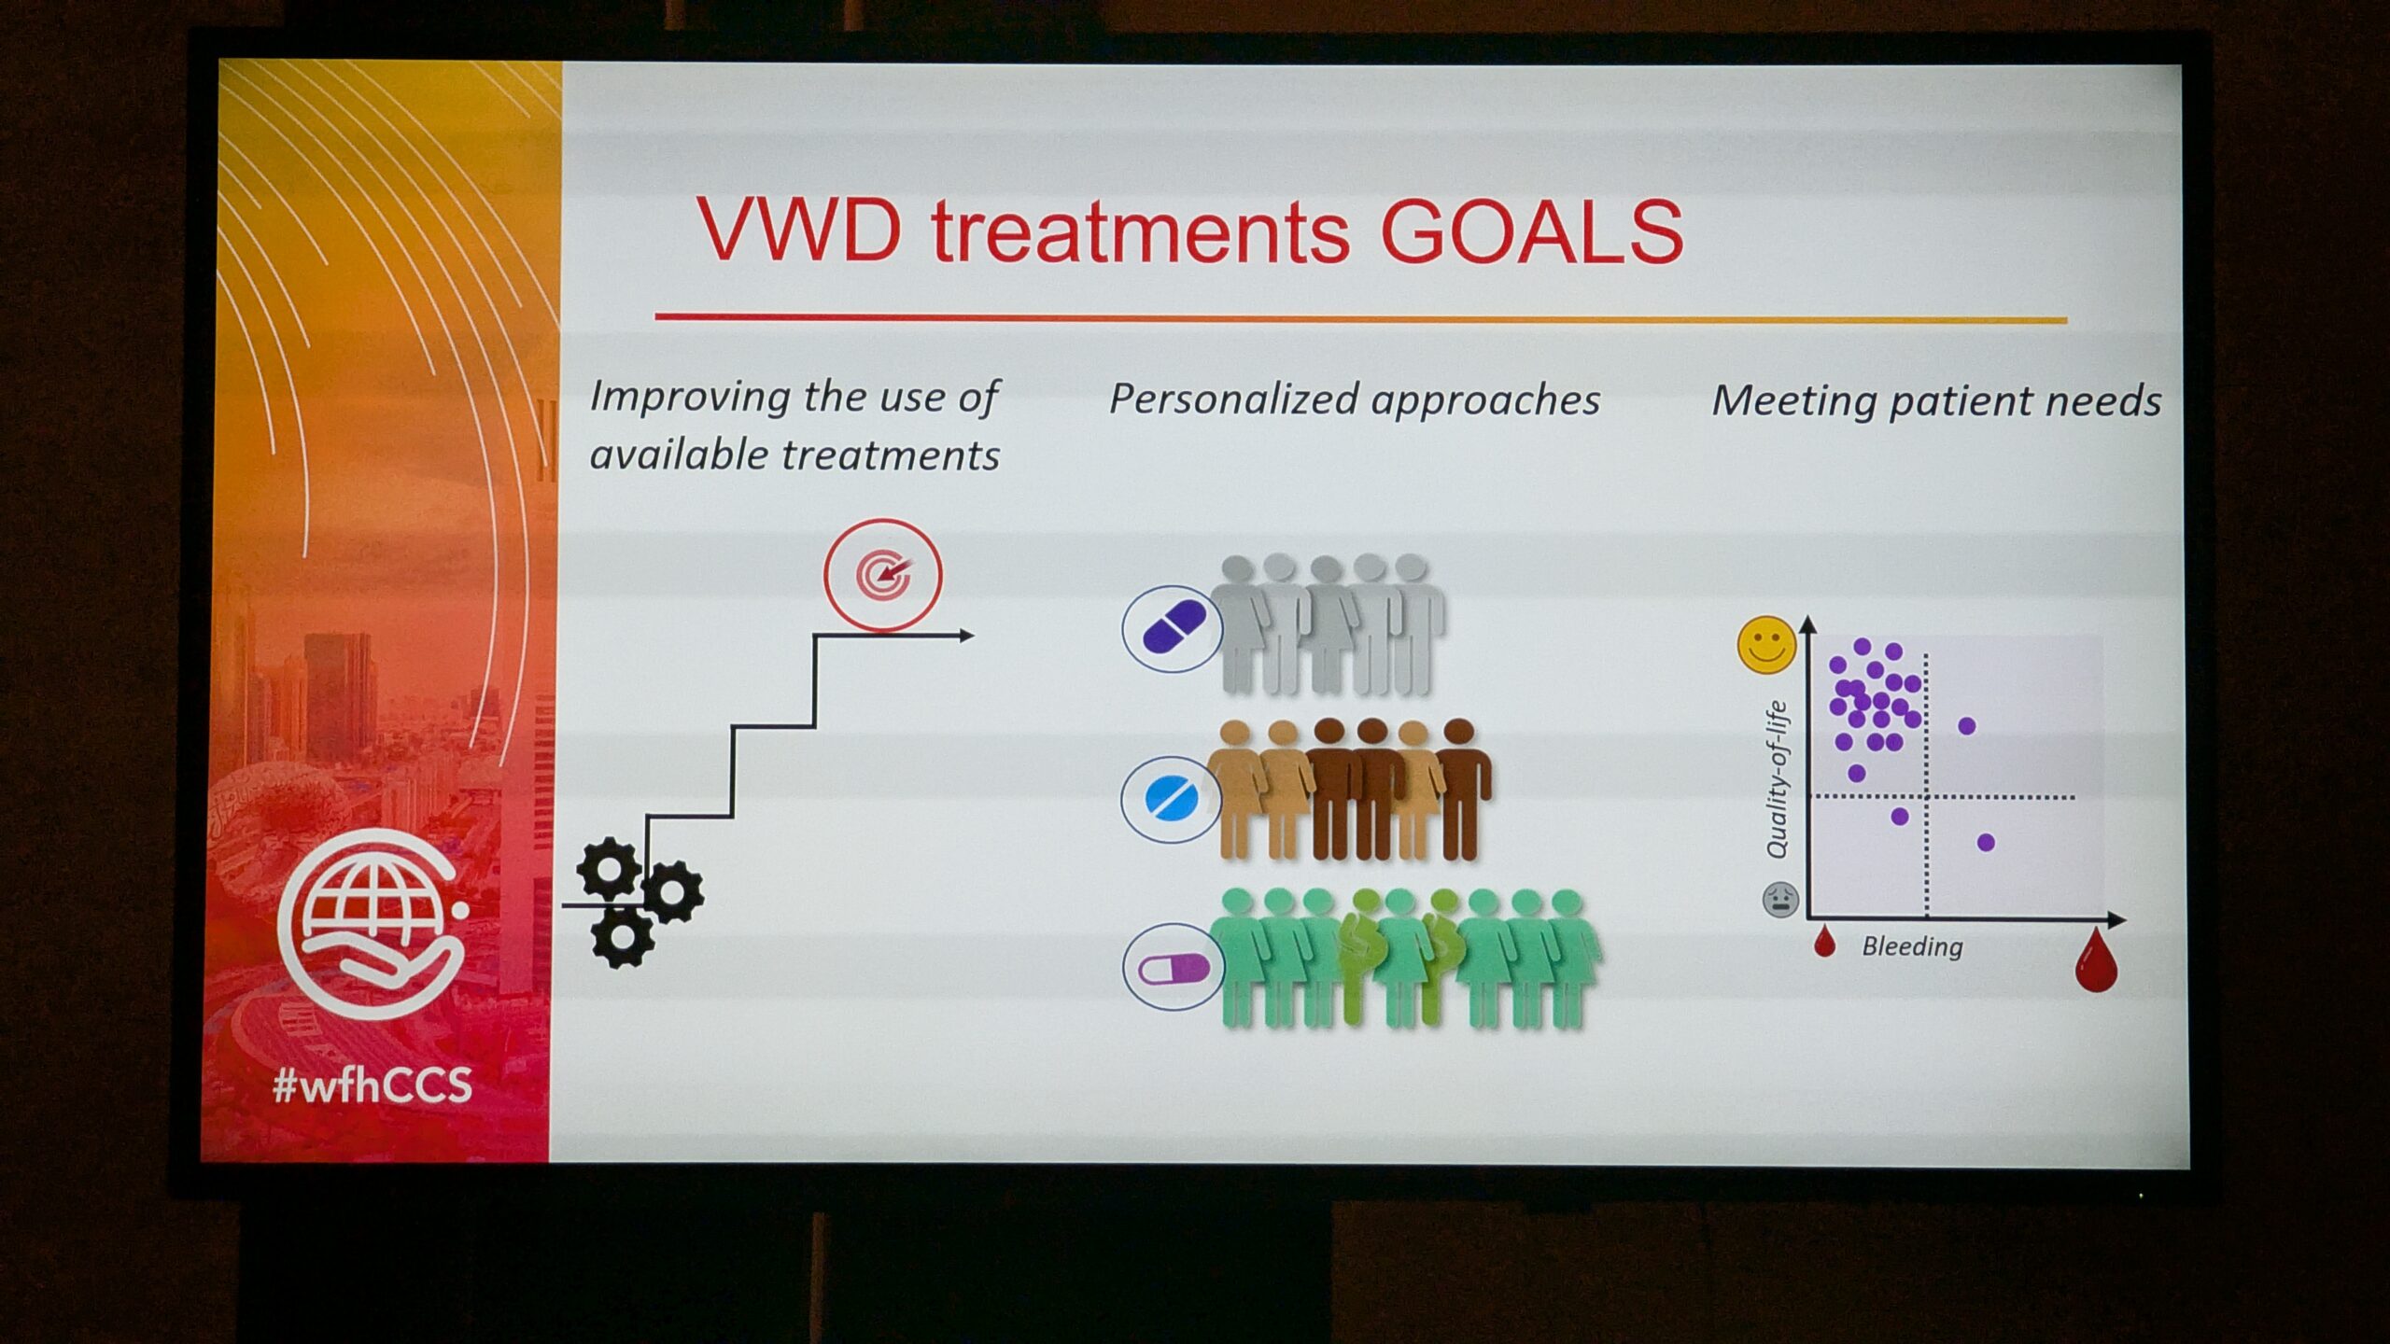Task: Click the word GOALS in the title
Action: (1532, 231)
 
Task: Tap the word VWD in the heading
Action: (800, 230)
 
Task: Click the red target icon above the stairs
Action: (882, 575)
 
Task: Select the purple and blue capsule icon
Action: (1173, 628)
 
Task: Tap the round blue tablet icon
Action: (1171, 800)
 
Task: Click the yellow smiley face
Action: (1766, 644)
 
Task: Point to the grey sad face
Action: (1780, 900)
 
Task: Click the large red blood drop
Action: (2096, 960)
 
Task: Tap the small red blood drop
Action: (1824, 942)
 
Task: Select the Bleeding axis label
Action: (1912, 946)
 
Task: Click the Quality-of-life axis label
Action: (1777, 779)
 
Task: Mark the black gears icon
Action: (639, 902)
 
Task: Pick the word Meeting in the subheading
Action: (1793, 401)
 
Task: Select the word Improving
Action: (690, 398)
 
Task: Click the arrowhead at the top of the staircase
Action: (967, 636)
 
